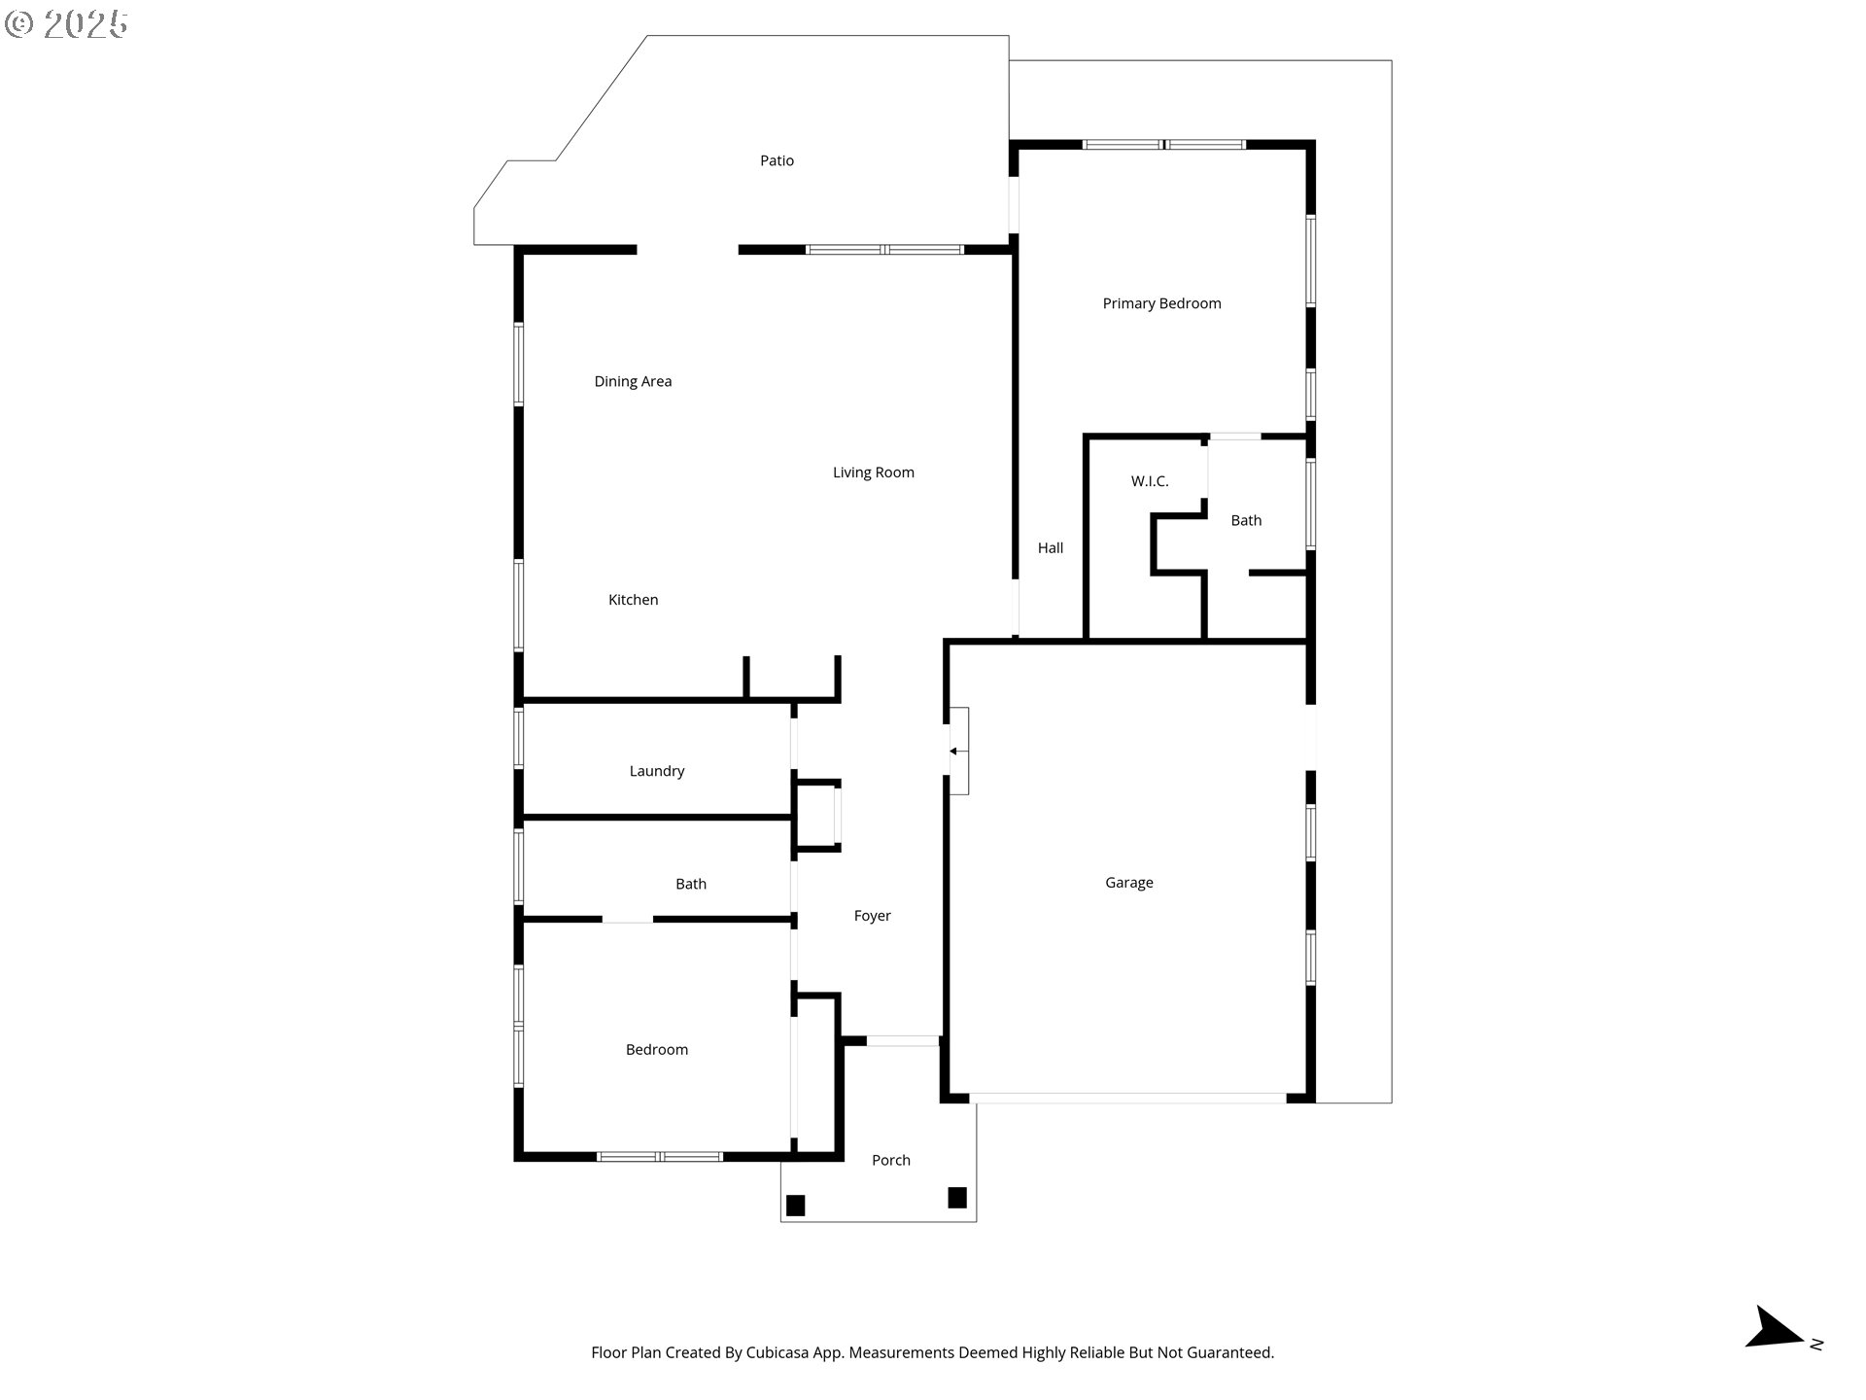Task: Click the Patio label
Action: point(777,160)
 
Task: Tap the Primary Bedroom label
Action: point(1161,303)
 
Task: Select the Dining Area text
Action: point(633,381)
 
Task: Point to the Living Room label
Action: point(873,472)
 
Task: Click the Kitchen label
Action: point(633,600)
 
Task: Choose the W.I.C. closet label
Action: point(1149,481)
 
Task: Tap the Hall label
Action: point(1050,548)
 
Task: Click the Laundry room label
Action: point(656,771)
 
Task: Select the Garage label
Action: point(1128,883)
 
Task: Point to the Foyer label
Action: point(872,916)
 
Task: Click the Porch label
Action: point(890,1160)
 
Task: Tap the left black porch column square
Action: point(795,1206)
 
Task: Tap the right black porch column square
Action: point(956,1198)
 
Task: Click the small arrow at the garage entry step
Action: point(954,752)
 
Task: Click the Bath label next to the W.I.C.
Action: point(1246,521)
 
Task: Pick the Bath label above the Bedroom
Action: point(690,884)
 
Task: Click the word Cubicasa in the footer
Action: point(778,1352)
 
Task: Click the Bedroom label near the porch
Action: point(656,1050)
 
